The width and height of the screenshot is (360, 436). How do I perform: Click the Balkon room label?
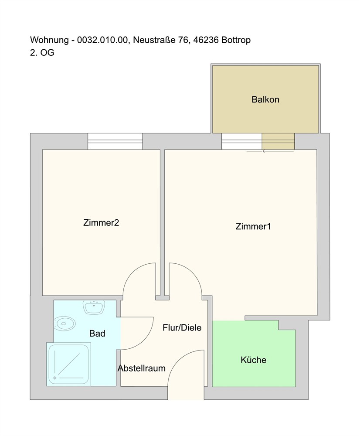[265, 99]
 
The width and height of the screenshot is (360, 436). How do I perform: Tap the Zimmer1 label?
[253, 226]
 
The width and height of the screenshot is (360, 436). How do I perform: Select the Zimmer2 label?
[101, 223]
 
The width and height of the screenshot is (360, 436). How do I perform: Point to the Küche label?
[253, 360]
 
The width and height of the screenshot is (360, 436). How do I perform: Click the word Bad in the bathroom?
[97, 334]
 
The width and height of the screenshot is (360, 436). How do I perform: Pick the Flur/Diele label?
[182, 327]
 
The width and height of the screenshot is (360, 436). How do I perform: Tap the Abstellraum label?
[141, 368]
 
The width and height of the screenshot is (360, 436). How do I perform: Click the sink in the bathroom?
[94, 307]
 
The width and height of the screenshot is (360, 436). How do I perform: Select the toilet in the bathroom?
[65, 324]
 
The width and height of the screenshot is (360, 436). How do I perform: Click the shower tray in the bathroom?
[68, 364]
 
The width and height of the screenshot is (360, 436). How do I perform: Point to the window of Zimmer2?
[115, 141]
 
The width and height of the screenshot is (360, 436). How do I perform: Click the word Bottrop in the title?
[236, 40]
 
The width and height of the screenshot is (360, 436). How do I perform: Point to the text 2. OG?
[42, 53]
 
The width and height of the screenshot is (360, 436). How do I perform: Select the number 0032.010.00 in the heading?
[102, 40]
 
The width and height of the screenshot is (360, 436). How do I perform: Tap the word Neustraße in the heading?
[154, 40]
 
